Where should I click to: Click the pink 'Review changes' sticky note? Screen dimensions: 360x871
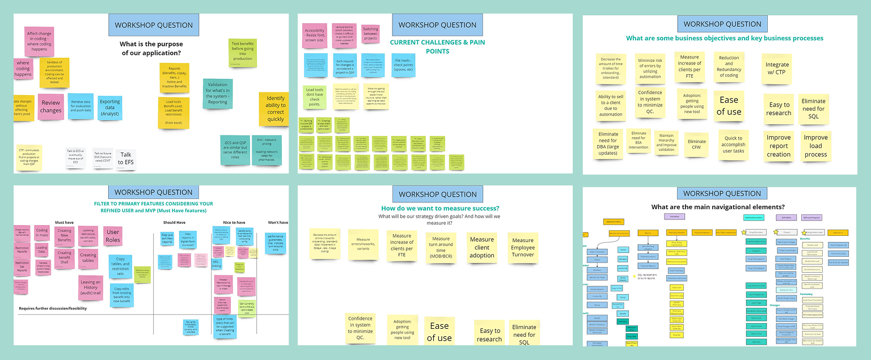pyautogui.click(x=51, y=107)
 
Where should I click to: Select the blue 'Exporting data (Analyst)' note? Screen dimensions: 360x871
pyautogui.click(x=110, y=108)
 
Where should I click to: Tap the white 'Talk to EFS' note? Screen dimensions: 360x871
pyautogui.click(x=126, y=158)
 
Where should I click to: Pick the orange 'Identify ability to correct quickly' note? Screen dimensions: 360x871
pyautogui.click(x=276, y=108)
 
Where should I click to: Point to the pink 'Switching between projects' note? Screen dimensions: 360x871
pyautogui.click(x=370, y=33)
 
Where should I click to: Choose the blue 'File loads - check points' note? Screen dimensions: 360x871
pyautogui.click(x=404, y=65)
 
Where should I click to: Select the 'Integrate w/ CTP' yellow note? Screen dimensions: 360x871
pyautogui.click(x=776, y=68)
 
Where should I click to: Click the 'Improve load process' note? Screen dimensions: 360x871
pyautogui.click(x=815, y=146)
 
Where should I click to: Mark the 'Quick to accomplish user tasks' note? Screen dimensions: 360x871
pyautogui.click(x=734, y=145)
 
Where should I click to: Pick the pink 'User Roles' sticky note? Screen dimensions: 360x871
pyautogui.click(x=113, y=235)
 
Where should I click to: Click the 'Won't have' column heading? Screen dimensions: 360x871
pyautogui.click(x=278, y=223)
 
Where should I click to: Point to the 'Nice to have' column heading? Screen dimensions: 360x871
pyautogui.click(x=233, y=223)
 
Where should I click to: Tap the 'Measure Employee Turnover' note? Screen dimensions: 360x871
pyautogui.click(x=523, y=248)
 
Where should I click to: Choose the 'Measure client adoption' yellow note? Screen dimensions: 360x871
pyautogui.click(x=482, y=247)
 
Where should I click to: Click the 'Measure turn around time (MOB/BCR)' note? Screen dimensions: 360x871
pyautogui.click(x=441, y=248)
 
